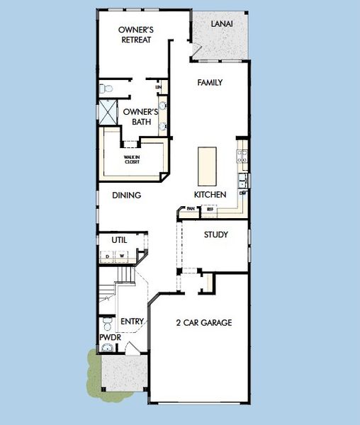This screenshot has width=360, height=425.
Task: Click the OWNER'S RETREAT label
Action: click(x=136, y=34)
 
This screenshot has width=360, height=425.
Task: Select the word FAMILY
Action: click(x=210, y=83)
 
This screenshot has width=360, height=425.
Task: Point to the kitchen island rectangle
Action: click(x=206, y=165)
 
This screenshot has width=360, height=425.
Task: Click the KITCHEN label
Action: click(x=210, y=195)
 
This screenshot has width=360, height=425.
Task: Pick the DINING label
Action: click(x=127, y=195)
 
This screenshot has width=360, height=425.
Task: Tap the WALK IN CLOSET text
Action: click(x=133, y=160)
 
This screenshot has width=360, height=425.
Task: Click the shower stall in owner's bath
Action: click(x=108, y=112)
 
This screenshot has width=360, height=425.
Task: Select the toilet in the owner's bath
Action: click(x=106, y=89)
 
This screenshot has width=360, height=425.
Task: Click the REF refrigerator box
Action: click(x=210, y=209)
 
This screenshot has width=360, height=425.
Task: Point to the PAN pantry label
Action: click(x=191, y=209)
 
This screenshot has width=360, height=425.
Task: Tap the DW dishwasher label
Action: click(x=242, y=193)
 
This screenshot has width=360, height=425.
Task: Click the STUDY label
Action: click(x=215, y=234)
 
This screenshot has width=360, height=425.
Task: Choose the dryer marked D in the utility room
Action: click(x=108, y=255)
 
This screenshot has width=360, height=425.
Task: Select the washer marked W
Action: click(x=121, y=255)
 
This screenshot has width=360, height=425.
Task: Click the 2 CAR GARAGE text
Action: click(x=204, y=323)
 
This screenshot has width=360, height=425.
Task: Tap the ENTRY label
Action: click(x=133, y=322)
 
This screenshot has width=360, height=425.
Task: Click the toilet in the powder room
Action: click(x=106, y=324)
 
